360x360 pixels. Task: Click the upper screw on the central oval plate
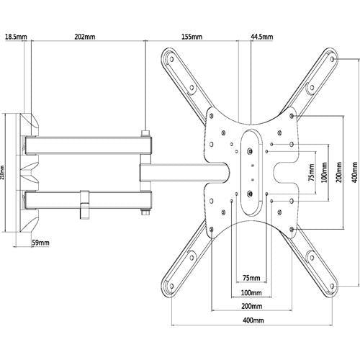pos(249,152)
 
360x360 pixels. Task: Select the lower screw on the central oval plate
pos(249,192)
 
